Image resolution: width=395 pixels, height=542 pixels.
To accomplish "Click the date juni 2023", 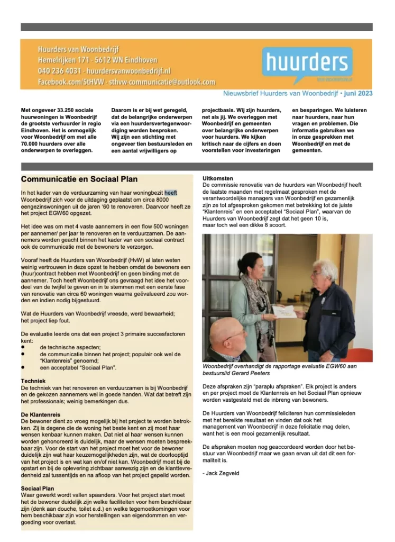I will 359,94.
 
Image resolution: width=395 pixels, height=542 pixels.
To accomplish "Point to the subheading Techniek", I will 33,381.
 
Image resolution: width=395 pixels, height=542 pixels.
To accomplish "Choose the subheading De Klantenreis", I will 41,414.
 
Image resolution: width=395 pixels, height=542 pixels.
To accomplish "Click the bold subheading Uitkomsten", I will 218,178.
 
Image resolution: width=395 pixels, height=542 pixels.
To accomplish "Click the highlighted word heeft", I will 171,193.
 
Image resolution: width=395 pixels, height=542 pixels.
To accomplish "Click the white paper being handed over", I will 284,311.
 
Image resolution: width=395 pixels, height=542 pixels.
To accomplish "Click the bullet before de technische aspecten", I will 23,346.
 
